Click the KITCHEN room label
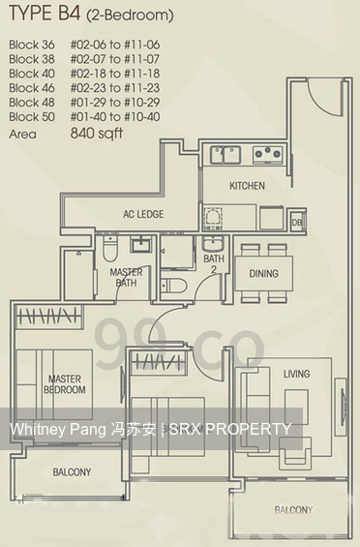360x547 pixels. (x=247, y=186)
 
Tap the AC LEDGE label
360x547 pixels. (x=143, y=214)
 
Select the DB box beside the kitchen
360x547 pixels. (x=297, y=221)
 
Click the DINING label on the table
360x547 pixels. (x=263, y=273)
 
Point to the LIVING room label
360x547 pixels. (x=296, y=374)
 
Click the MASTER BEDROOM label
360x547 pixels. (x=65, y=384)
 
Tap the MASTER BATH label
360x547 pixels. (x=126, y=277)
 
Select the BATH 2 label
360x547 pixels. (x=214, y=263)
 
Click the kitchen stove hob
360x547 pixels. (x=267, y=154)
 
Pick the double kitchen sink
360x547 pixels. (x=225, y=155)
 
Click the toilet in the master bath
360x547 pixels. (x=110, y=248)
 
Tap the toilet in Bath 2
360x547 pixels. (x=173, y=286)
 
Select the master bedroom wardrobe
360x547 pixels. (x=48, y=317)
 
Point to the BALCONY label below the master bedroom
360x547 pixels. (x=72, y=472)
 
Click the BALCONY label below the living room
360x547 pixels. (x=293, y=510)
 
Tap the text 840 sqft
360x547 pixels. (x=97, y=133)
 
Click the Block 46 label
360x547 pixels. (x=32, y=88)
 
